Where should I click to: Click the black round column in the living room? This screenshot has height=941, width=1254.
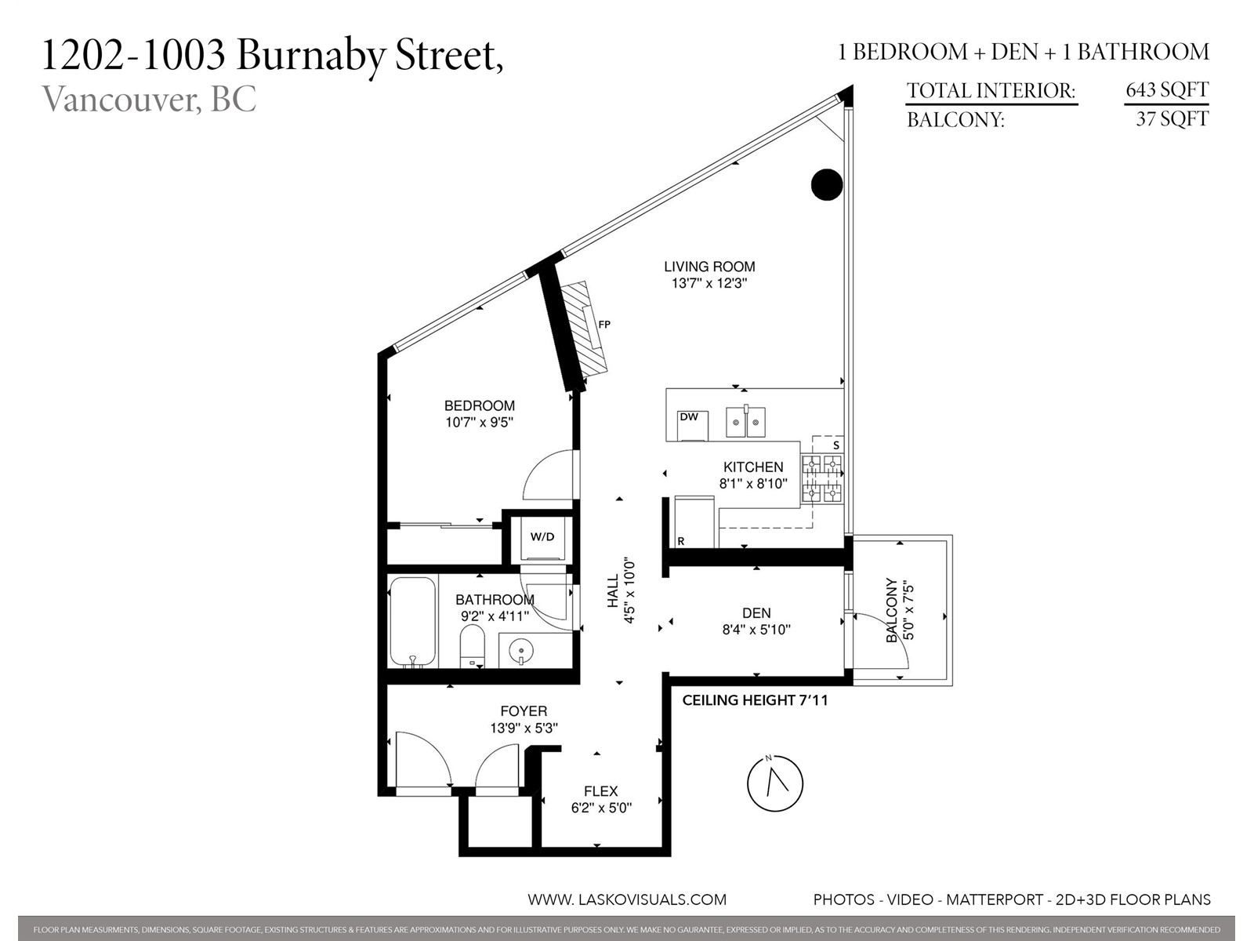[827, 184]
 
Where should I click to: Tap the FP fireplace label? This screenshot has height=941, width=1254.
[604, 325]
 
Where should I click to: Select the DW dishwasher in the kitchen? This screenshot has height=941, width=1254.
[692, 426]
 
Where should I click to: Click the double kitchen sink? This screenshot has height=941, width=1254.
[745, 422]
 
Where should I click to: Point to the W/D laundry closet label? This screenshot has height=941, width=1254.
[542, 536]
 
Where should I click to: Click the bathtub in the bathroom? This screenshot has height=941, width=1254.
[412, 622]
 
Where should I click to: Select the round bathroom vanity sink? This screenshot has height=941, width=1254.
[521, 649]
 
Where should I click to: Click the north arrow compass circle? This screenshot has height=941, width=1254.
[775, 784]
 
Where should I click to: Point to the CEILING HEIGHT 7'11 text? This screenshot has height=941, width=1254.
[755, 700]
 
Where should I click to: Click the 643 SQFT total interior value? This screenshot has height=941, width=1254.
[1166, 89]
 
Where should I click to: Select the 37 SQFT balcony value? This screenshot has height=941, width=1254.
[1172, 119]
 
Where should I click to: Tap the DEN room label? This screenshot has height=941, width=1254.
[756, 613]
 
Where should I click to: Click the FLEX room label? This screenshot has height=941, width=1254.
[601, 791]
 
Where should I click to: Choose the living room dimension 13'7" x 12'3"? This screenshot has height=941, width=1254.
[709, 283]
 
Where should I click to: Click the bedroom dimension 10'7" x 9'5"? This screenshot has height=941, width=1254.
[480, 423]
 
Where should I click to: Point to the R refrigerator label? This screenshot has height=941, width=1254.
[681, 541]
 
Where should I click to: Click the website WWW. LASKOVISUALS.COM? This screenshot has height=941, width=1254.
[627, 899]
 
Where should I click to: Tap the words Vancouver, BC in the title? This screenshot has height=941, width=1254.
[150, 99]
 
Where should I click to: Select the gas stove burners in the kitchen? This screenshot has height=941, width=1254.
[822, 478]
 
